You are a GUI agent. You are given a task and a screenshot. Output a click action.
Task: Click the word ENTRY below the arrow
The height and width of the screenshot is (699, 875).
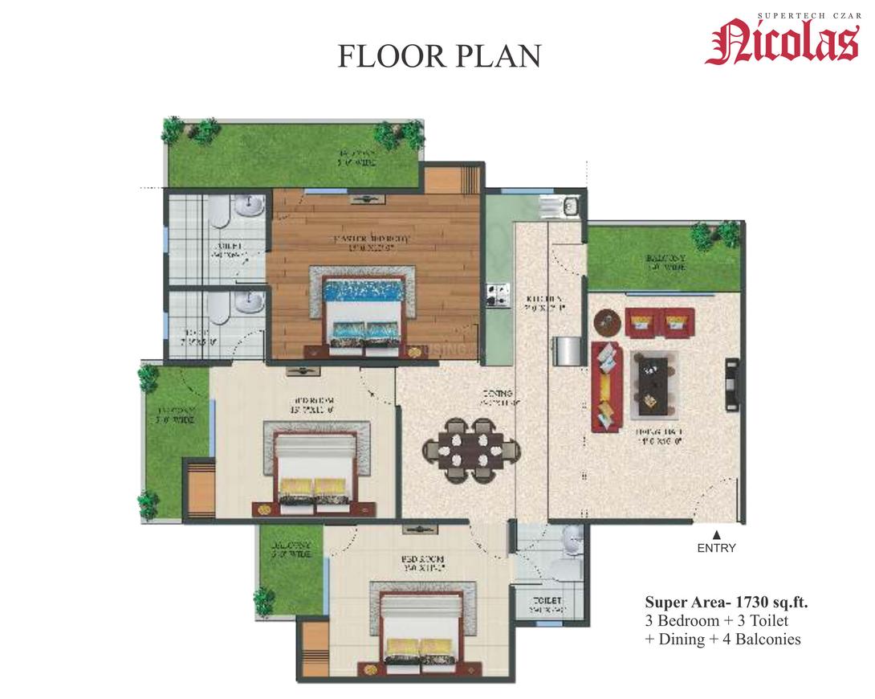(716, 549)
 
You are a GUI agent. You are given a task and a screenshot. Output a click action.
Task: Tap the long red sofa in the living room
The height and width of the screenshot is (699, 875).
(607, 384)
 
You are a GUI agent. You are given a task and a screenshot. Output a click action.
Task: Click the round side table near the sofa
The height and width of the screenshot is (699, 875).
(608, 322)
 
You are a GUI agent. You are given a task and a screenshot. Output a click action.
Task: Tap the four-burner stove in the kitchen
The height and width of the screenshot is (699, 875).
(494, 295)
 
